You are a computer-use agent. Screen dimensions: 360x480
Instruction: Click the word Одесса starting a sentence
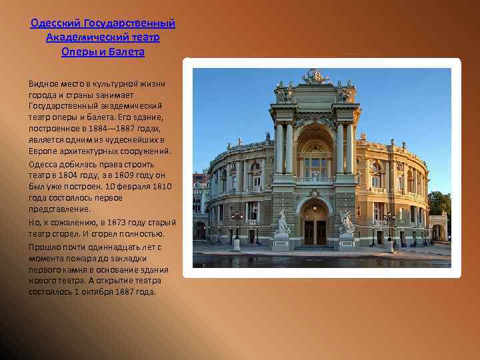44,163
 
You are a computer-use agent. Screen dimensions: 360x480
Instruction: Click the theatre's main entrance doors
315,231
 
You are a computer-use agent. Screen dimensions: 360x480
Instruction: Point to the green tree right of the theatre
440,204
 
